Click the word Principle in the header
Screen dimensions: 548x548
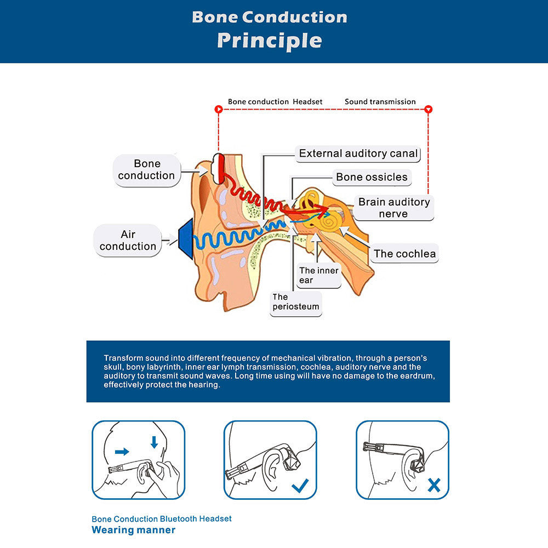coord(269,41)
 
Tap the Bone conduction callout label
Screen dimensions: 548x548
coord(146,170)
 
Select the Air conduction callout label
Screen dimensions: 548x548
coord(128,241)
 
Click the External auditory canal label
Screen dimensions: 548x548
coord(358,154)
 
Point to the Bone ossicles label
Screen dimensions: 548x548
coord(372,177)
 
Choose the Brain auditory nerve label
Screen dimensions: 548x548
coord(393,208)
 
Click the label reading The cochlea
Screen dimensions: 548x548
coord(404,253)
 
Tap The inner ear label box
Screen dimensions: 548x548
coord(319,275)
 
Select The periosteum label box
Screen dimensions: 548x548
coord(296,302)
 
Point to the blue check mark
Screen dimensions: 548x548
coord(300,485)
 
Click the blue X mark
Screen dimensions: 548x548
coord(434,485)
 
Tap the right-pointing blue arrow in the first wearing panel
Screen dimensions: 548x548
coord(122,452)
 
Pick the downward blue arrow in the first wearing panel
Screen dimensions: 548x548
coord(154,442)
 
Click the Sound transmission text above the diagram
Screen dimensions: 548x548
coord(380,101)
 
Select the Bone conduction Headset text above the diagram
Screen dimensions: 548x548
coord(275,101)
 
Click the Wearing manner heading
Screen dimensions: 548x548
coord(134,530)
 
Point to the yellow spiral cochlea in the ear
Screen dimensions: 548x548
coord(332,222)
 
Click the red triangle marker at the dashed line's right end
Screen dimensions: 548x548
coord(429,110)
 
